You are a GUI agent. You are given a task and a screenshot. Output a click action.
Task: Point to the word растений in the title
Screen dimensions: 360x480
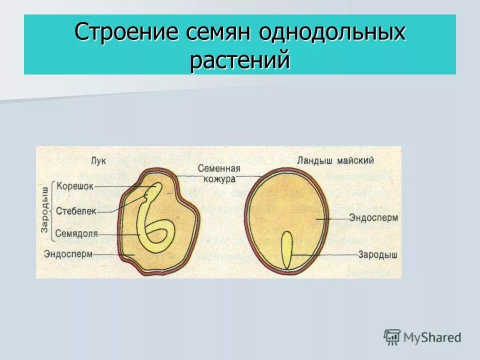(x=240, y=60)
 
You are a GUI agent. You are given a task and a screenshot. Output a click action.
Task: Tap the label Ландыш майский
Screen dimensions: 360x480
(x=335, y=160)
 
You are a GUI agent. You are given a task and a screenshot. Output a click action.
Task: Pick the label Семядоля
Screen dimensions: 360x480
(x=76, y=233)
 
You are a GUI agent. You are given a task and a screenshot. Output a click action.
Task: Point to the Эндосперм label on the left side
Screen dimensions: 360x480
(x=68, y=253)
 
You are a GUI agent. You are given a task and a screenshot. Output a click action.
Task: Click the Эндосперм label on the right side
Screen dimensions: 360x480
(x=373, y=218)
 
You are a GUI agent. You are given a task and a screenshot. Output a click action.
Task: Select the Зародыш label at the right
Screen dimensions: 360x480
(x=377, y=254)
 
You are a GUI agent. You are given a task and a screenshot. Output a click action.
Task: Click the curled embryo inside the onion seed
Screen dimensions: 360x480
(x=156, y=230)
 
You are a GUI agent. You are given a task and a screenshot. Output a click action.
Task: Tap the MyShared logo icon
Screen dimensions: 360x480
(x=392, y=337)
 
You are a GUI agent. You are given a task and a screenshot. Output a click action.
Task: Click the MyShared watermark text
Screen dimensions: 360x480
(x=432, y=337)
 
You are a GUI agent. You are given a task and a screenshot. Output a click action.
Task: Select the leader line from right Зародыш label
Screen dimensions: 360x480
(x=325, y=255)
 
